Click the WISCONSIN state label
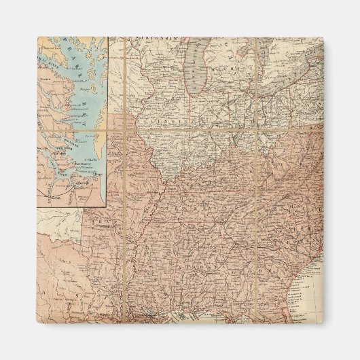pos(157,39)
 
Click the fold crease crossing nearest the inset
pos(126,128)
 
